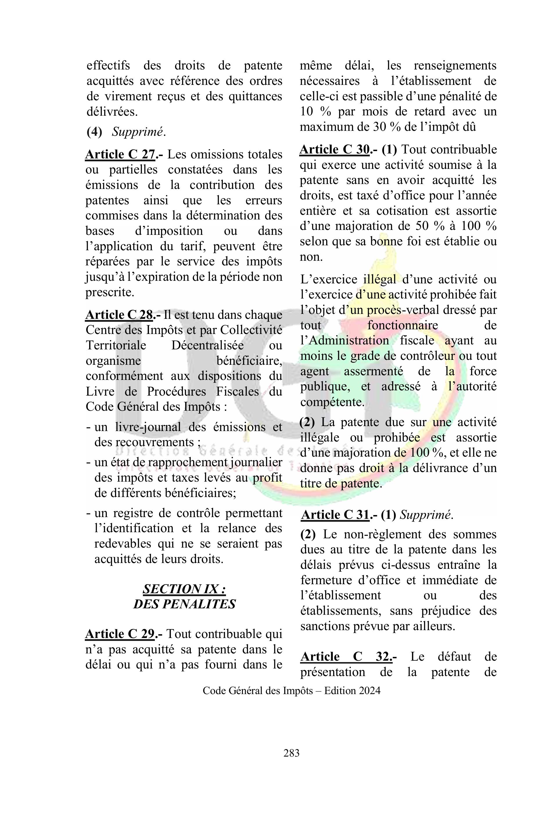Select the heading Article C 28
(x=119, y=314)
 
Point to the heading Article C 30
(x=334, y=150)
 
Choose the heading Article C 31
(x=335, y=515)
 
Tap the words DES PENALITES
(x=184, y=604)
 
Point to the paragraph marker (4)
(x=94, y=132)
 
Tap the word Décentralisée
(x=208, y=345)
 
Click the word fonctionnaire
(x=403, y=325)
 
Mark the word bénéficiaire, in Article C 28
(x=249, y=360)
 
